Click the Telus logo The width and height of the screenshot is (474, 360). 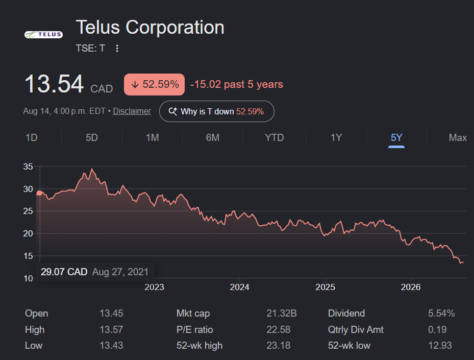coord(43,35)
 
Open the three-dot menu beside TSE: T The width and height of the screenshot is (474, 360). coord(117,49)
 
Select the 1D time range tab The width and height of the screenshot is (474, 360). coord(32,138)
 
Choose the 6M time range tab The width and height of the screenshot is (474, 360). coord(213,138)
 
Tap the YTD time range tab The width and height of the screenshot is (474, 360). coord(274,138)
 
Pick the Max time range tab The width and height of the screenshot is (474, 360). coord(458,138)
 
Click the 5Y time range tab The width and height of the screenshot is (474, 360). coord(396,138)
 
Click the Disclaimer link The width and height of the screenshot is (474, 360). coord(132,111)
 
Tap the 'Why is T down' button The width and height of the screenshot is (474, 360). coord(217,111)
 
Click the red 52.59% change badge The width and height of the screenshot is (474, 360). coord(154,84)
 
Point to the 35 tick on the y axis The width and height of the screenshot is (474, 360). coord(28,166)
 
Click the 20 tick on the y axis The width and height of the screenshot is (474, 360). coord(28,233)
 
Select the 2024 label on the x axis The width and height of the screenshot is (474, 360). coord(240,287)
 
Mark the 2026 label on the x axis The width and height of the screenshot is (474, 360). coord(411,287)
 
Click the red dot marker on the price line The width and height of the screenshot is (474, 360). coord(39,193)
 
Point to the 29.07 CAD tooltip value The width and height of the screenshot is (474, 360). coord(64,272)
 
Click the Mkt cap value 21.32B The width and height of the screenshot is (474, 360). coord(282,314)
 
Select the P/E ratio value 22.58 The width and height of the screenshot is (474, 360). coord(279,329)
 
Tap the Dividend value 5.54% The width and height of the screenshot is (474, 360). coord(441,314)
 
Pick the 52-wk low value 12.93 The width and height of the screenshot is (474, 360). coord(440,346)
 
